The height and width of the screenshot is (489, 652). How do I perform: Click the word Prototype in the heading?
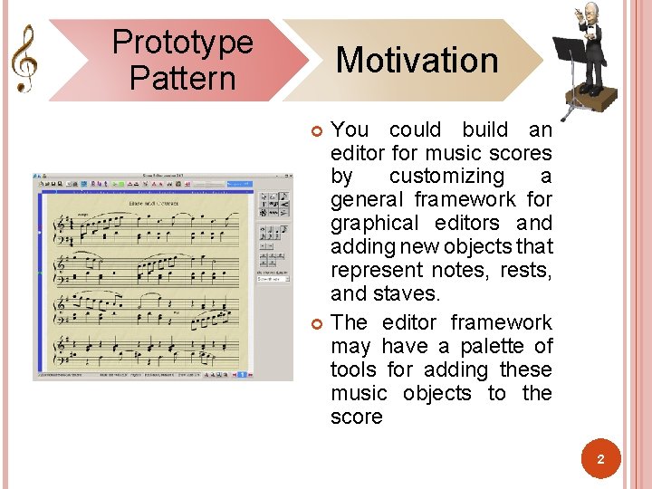[182, 42]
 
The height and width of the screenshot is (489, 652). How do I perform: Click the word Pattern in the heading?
[182, 78]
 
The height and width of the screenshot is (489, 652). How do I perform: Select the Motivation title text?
[417, 61]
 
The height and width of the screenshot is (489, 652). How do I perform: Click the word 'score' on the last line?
[357, 417]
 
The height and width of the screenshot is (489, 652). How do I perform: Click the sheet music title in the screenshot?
[153, 205]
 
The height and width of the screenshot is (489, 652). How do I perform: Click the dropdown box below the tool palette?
[273, 279]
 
